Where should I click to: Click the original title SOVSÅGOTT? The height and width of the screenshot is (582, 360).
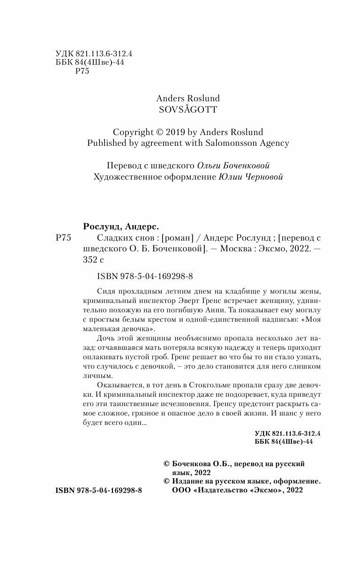[x=188, y=109]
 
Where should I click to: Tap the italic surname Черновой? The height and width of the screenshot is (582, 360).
[x=262, y=177]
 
